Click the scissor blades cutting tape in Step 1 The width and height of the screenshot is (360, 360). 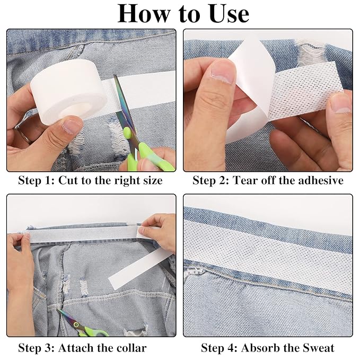point(125,108)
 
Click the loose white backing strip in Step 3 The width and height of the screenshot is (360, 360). point(141,269)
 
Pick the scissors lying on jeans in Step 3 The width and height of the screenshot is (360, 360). point(82,324)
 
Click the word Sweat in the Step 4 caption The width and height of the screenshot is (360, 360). point(319,348)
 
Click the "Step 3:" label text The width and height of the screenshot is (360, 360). point(36,348)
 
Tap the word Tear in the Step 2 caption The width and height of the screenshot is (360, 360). point(244,180)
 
